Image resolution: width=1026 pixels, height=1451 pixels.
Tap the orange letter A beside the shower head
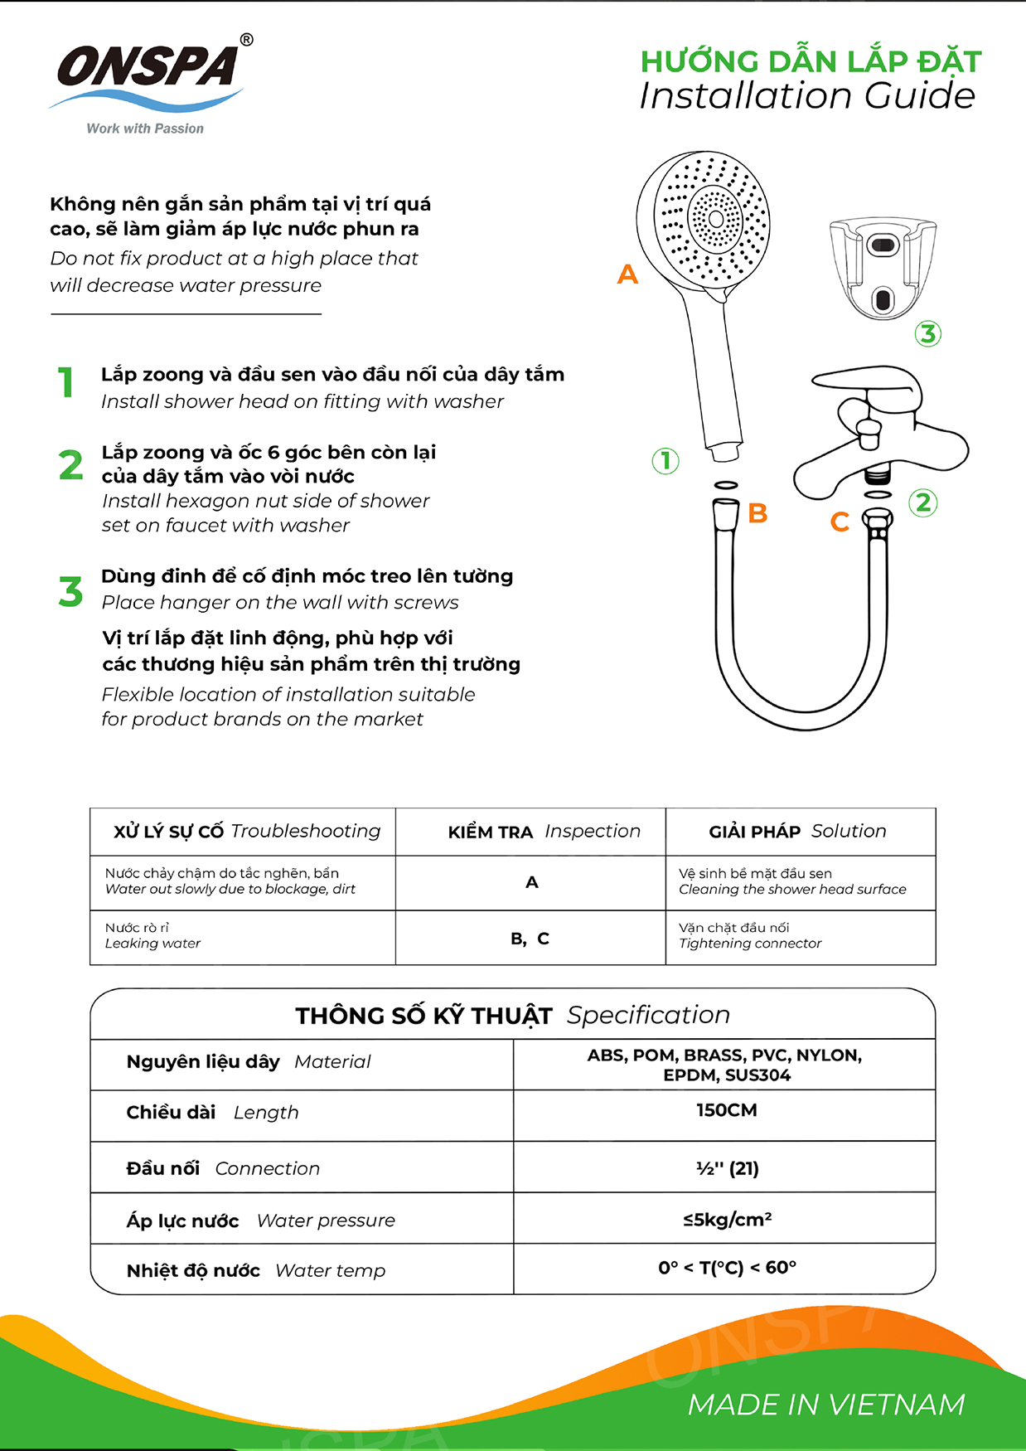627,274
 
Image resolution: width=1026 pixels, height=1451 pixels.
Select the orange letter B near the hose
757,514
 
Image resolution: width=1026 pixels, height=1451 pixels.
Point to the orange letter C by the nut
840,522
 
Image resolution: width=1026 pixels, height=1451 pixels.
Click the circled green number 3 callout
927,334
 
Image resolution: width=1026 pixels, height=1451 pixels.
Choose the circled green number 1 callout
665,461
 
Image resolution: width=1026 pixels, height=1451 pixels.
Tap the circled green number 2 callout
923,502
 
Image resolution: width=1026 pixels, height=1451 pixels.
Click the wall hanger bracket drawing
883,267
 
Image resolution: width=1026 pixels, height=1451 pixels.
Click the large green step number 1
66,383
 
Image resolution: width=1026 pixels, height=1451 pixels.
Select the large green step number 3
70,592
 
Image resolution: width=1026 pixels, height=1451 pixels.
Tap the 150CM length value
726,1110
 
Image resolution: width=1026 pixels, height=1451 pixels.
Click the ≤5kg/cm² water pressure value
727,1220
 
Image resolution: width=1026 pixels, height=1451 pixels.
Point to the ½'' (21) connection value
727,1168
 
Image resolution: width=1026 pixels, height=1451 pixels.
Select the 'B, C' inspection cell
530,939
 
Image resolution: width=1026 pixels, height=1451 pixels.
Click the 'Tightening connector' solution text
750,944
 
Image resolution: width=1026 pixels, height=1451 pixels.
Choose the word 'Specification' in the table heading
648,1015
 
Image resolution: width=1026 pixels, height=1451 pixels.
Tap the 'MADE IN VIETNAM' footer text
826,1405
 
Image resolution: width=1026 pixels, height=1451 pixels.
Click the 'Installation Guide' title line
807,96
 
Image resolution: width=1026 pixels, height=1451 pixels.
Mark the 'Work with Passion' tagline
145,129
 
